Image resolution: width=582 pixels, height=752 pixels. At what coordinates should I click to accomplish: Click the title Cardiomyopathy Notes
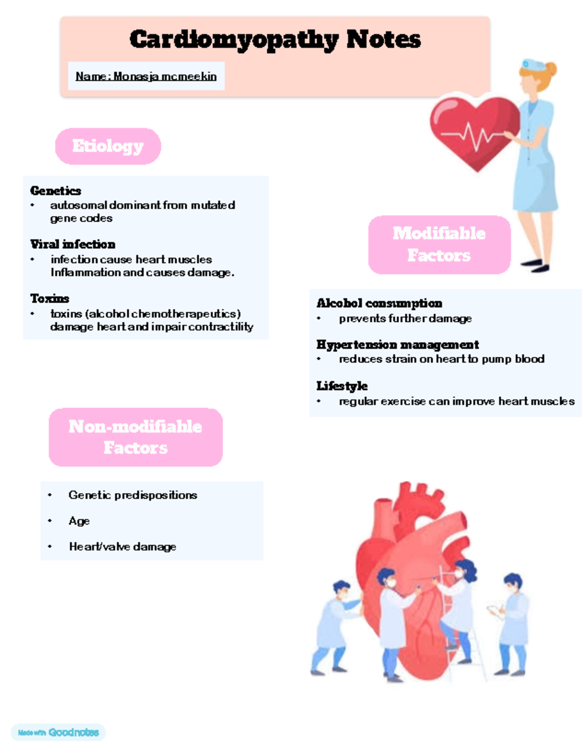tap(275, 39)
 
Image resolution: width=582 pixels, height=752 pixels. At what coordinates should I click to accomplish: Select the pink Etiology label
tap(108, 146)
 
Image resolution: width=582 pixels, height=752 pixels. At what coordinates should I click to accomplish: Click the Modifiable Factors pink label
tap(439, 245)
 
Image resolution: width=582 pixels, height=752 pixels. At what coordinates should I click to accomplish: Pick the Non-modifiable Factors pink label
tap(136, 437)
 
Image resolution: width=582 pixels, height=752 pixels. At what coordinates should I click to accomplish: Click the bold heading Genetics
tap(56, 191)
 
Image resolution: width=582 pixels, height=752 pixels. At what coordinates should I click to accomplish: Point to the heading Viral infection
tap(73, 244)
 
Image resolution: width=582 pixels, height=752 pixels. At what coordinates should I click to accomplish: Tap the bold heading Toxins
tap(50, 298)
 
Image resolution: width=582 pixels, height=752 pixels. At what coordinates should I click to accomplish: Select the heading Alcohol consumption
tap(379, 303)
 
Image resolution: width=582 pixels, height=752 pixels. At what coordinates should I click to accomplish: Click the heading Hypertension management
tap(398, 345)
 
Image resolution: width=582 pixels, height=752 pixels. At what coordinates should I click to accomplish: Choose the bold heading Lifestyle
tap(342, 386)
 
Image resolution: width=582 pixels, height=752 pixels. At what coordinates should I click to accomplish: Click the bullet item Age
tap(79, 521)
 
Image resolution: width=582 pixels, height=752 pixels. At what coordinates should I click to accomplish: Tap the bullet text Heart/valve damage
tap(123, 546)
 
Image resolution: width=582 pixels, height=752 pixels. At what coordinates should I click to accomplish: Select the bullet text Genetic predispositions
tap(133, 495)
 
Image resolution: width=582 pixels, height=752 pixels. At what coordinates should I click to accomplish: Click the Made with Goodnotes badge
tap(58, 732)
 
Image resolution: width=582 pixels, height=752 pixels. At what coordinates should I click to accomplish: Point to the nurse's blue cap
tap(534, 64)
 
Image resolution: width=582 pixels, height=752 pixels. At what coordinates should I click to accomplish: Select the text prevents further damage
tap(405, 319)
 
